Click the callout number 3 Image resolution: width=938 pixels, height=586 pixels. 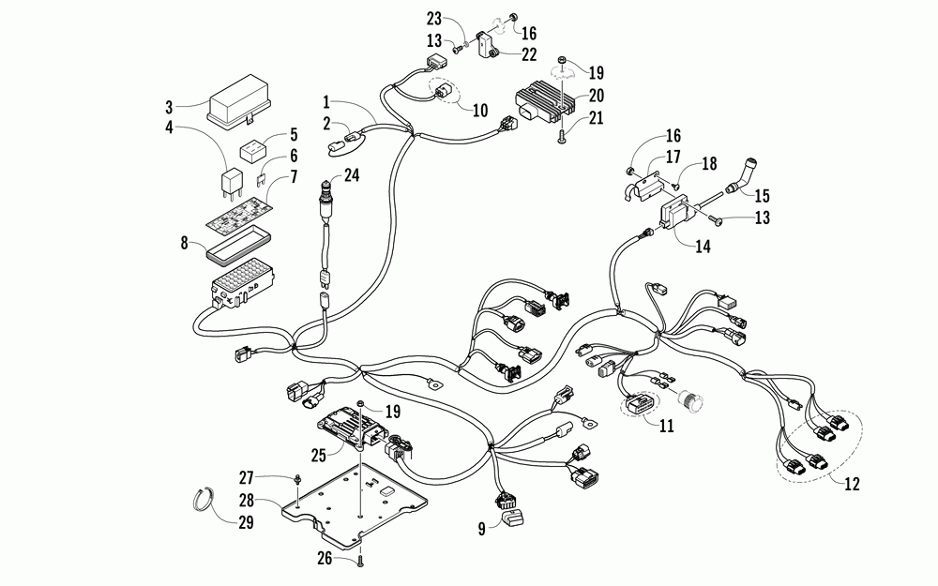pyautogui.click(x=169, y=107)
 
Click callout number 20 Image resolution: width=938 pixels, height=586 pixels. pyautogui.click(x=596, y=96)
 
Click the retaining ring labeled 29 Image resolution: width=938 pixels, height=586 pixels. pyautogui.click(x=205, y=499)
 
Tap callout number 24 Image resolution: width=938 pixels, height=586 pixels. pyautogui.click(x=351, y=175)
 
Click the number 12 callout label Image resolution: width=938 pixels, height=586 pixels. pyautogui.click(x=852, y=483)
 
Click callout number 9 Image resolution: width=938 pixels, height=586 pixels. pyautogui.click(x=481, y=529)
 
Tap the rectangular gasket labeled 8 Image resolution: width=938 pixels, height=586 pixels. pyautogui.click(x=237, y=249)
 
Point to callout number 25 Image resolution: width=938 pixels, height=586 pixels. pyautogui.click(x=318, y=455)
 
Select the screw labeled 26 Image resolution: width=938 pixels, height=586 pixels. pyautogui.click(x=360, y=561)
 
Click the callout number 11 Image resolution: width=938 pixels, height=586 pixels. pyautogui.click(x=666, y=426)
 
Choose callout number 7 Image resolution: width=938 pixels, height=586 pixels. pyautogui.click(x=294, y=177)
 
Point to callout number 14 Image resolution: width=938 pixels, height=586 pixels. pyautogui.click(x=703, y=246)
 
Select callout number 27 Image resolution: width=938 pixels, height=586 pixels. pyautogui.click(x=246, y=478)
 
